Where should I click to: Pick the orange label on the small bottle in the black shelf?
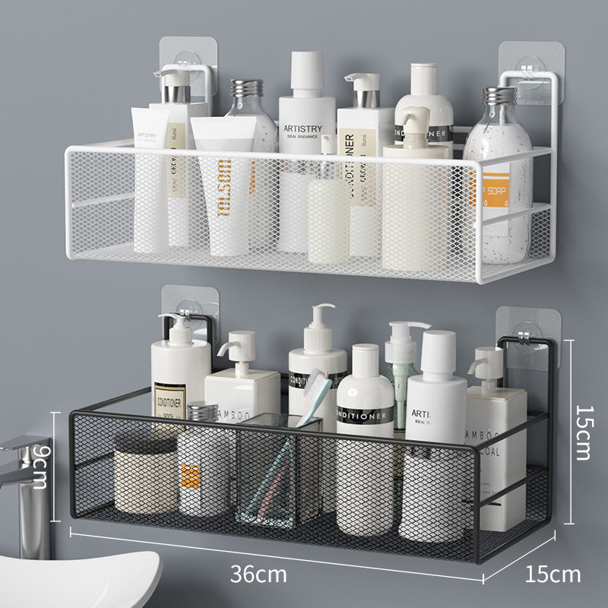coord(191,475)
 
